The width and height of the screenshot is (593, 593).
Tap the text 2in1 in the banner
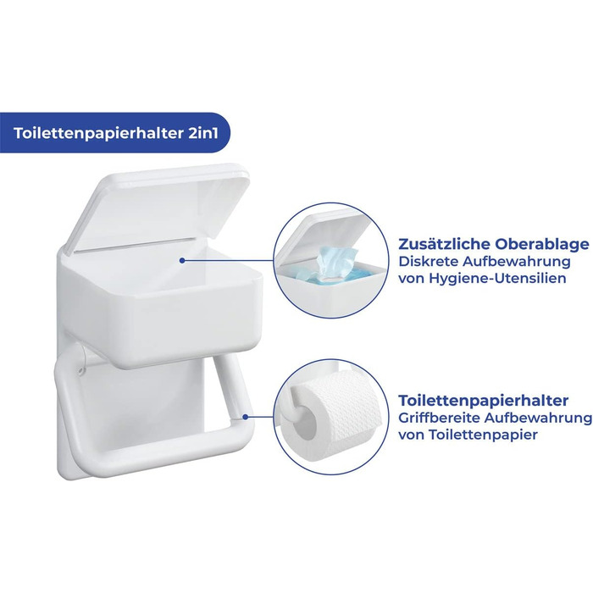tap(203, 134)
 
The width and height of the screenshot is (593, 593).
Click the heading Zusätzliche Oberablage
tap(494, 244)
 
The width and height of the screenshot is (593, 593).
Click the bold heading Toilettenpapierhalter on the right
tap(484, 400)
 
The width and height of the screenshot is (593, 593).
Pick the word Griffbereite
tap(439, 418)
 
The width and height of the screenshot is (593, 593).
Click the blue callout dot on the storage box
tap(182, 261)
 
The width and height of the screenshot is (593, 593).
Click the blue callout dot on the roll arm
tap(246, 417)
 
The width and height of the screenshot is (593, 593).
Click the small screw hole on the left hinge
tap(81, 371)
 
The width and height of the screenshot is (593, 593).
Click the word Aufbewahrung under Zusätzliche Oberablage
tap(516, 261)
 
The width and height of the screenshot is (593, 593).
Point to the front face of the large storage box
tap(159, 321)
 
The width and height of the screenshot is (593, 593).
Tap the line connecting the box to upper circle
tap(228, 261)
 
